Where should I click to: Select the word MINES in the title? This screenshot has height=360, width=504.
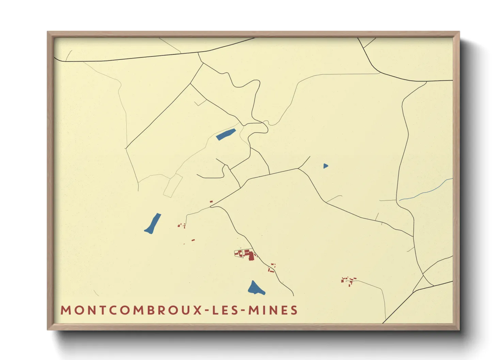[x=273, y=310]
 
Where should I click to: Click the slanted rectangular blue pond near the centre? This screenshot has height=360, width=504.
[x=226, y=134]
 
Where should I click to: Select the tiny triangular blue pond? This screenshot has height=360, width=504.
[x=326, y=166]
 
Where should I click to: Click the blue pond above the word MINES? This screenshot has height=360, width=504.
[x=255, y=289]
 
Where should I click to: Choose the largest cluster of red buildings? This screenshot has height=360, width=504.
[x=246, y=254]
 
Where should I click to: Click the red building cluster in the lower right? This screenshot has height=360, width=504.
[x=349, y=280]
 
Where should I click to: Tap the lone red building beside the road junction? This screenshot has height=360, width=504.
[x=211, y=202]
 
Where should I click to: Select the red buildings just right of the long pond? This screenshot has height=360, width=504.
[x=182, y=225]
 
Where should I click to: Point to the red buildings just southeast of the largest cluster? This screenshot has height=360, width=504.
[x=272, y=268]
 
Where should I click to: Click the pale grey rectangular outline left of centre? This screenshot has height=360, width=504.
[x=173, y=185]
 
